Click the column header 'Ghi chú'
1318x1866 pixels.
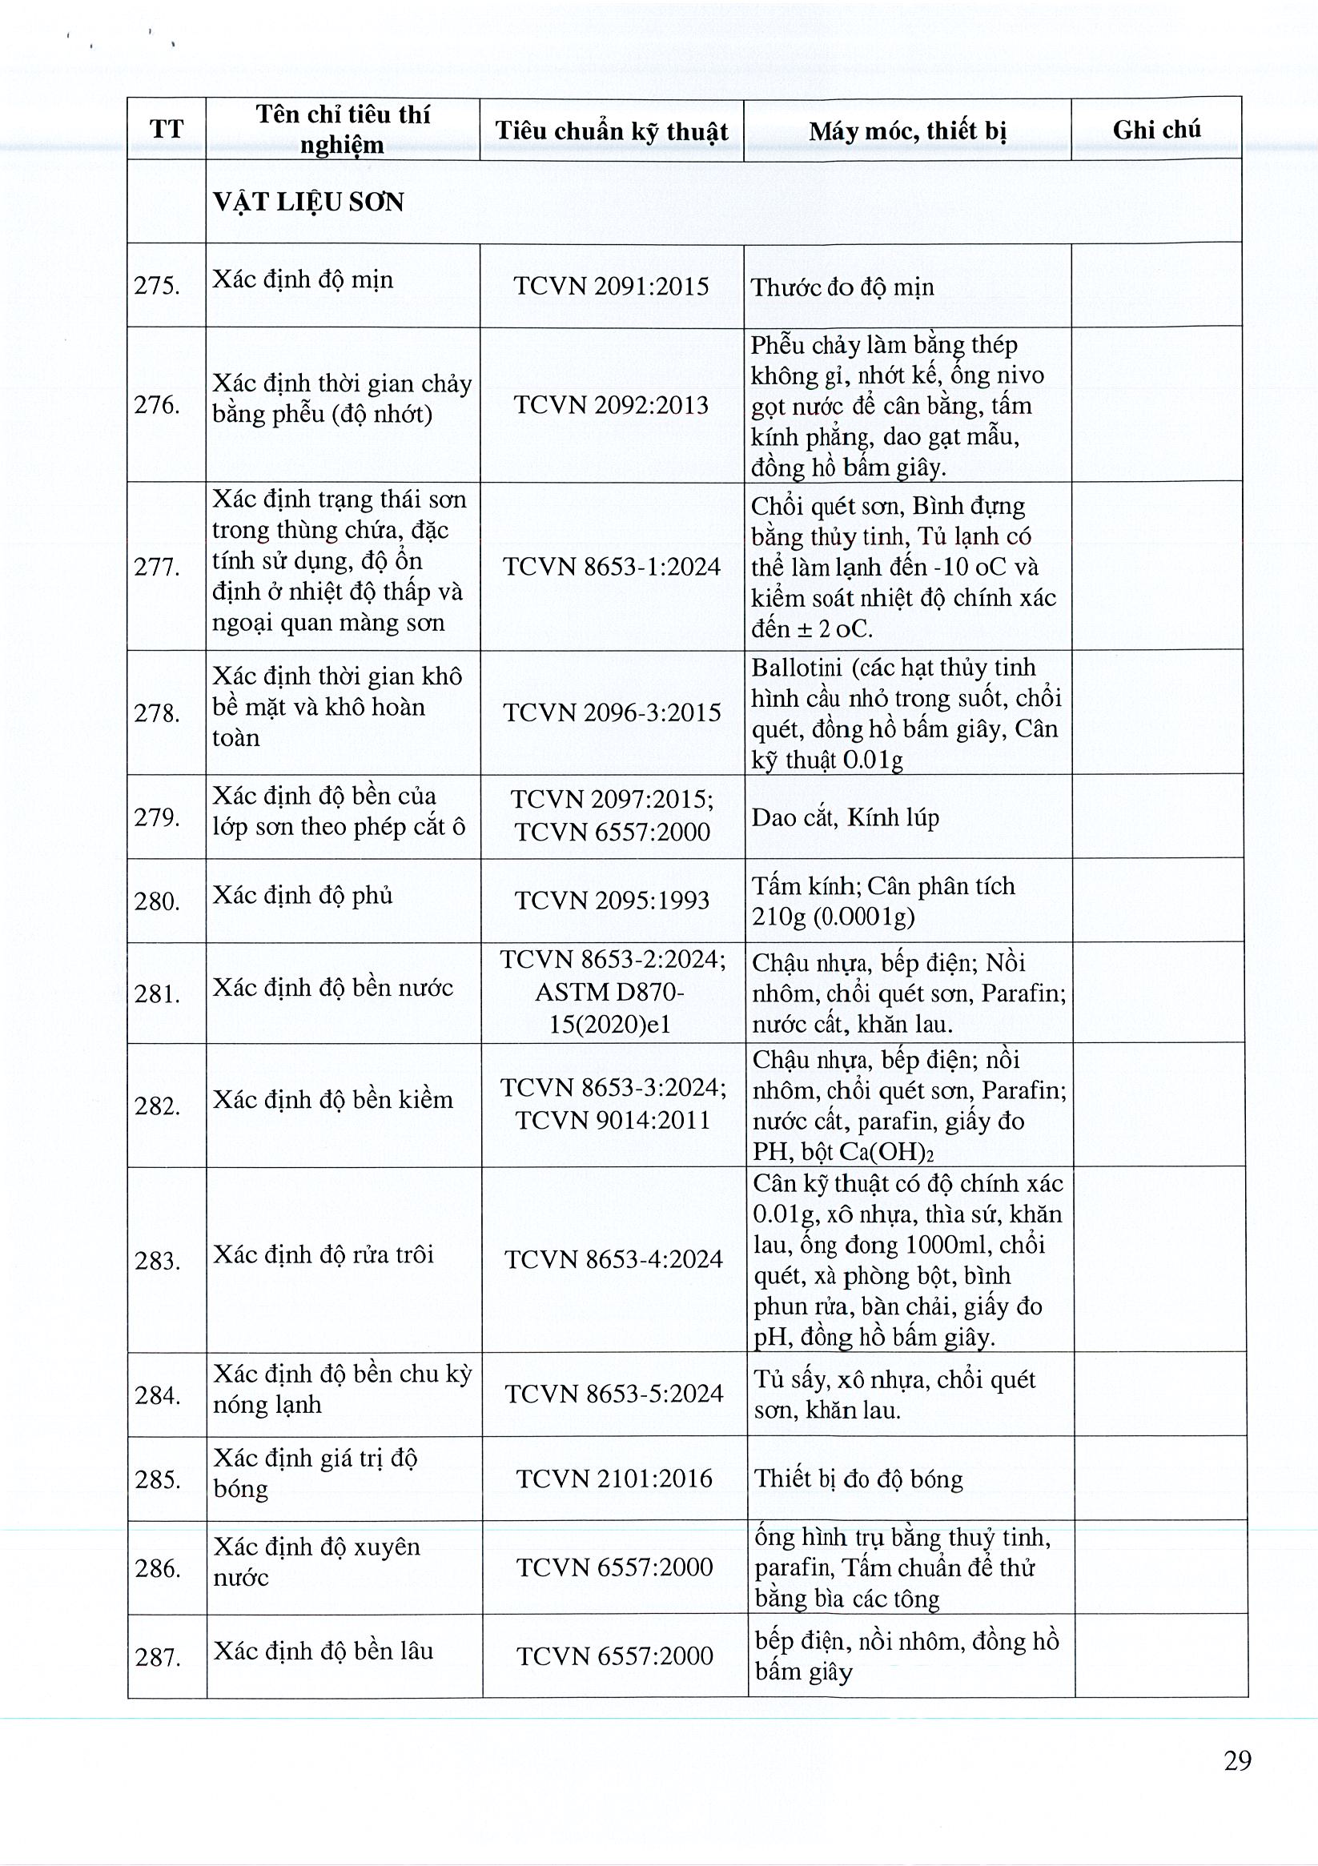[x=1155, y=129]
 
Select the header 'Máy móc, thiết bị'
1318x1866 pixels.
[x=906, y=130]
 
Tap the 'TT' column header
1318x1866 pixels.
[x=166, y=129]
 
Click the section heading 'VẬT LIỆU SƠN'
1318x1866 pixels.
[x=308, y=203]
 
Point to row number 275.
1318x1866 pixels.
[x=157, y=286]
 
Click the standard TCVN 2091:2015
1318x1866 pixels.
[x=611, y=286]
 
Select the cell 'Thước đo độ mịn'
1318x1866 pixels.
[x=842, y=287]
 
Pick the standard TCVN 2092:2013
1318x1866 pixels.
[x=611, y=405]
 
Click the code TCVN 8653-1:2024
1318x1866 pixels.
[x=612, y=567]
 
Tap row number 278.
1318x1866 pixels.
[x=157, y=712]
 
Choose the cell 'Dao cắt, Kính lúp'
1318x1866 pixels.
[x=845, y=817]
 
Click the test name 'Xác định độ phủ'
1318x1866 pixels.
[x=303, y=896]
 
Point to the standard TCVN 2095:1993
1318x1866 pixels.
[x=612, y=901]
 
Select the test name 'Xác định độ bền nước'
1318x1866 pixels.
[x=332, y=989]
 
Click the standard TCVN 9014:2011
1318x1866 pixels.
[x=613, y=1120]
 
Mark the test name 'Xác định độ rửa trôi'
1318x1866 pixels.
[x=323, y=1255]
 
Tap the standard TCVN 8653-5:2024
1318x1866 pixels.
[x=613, y=1394]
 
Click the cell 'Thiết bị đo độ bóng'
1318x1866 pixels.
[x=858, y=1479]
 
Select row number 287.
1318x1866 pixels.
[x=158, y=1656]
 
